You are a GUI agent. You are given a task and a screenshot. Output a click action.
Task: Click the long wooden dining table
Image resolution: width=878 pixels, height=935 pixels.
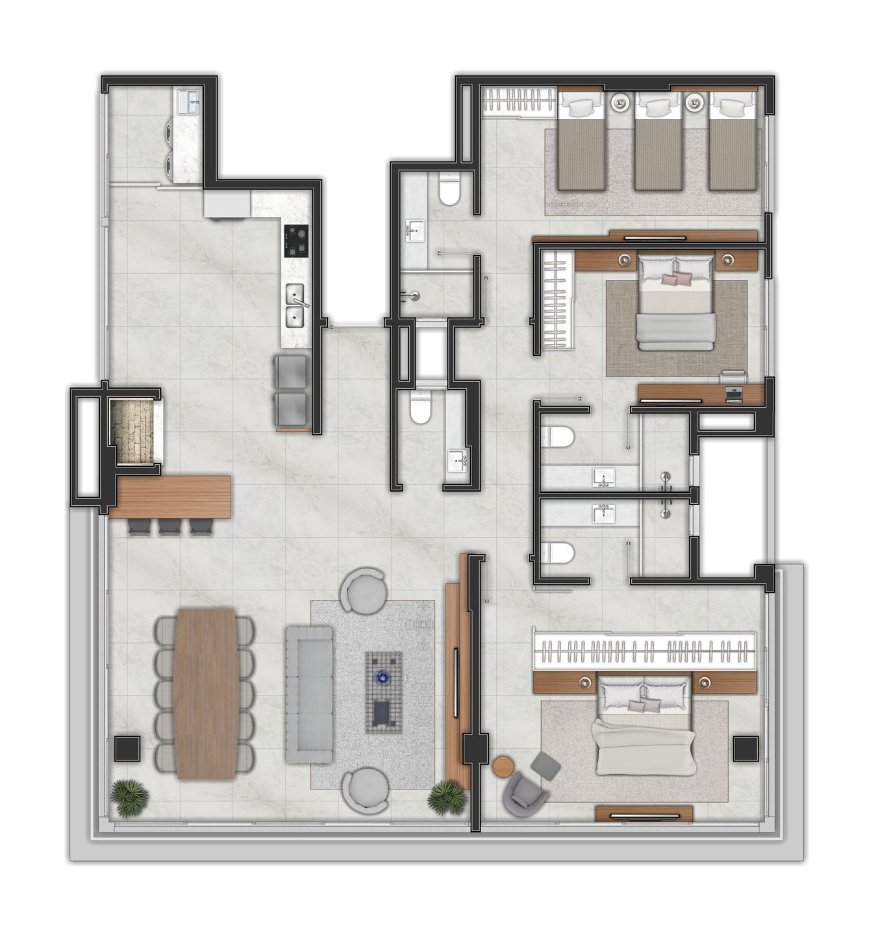206,693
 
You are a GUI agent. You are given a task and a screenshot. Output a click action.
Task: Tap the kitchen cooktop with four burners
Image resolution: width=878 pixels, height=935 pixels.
296,241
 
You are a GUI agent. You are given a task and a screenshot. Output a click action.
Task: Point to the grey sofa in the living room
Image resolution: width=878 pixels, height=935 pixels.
309,694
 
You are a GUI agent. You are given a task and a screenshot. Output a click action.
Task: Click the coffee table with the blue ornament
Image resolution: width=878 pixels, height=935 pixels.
383,692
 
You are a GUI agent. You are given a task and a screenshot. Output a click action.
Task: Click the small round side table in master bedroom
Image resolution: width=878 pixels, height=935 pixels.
503,766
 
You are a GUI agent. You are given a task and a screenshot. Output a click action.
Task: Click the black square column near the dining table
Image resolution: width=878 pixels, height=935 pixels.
127,749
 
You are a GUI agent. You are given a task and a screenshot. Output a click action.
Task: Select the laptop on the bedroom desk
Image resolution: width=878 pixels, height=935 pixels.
733,393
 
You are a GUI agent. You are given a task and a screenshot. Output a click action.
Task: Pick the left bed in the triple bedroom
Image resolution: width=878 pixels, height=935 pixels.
581,146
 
